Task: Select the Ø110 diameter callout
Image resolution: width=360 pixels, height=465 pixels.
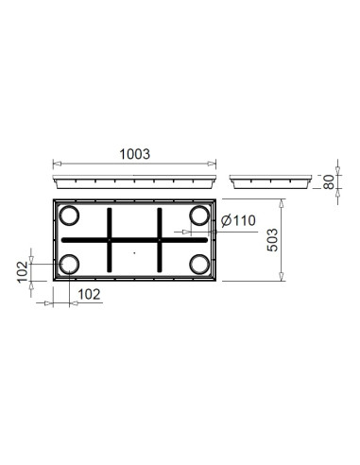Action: coord(236,221)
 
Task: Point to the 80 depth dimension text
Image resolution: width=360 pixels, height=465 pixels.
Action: coord(329,181)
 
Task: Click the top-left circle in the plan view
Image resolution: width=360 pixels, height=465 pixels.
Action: coord(69,217)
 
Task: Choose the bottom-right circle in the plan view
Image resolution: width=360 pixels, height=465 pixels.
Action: coord(198,265)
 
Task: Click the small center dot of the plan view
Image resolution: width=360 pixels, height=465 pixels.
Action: coord(134,253)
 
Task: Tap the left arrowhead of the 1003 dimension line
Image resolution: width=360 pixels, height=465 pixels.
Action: coord(52,162)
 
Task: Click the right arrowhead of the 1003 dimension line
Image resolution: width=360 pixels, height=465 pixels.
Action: coord(217,162)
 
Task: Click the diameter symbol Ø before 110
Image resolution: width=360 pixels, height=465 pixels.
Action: coord(224,221)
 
